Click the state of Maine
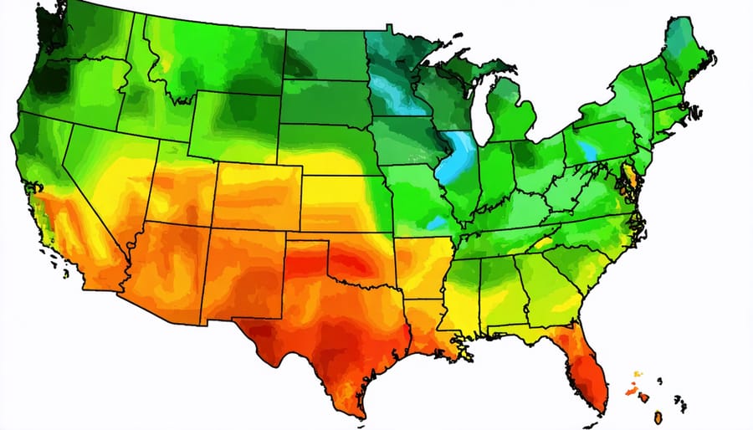click(x=686, y=50)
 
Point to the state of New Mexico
click(x=243, y=272)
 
